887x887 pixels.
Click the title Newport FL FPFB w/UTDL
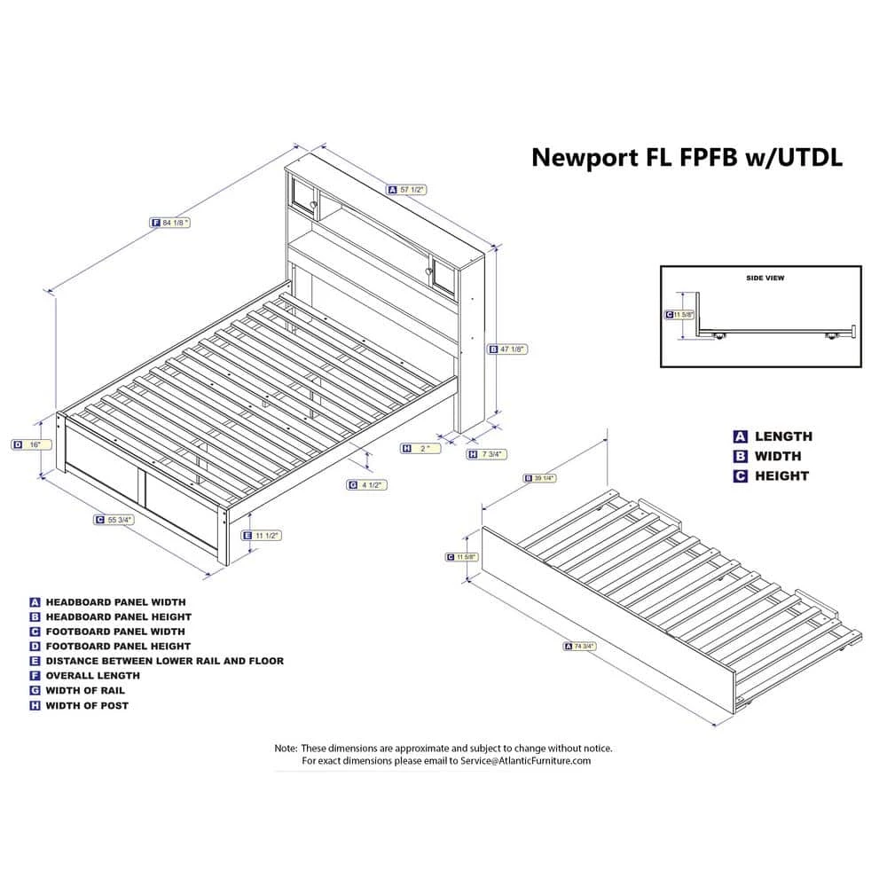[x=687, y=158]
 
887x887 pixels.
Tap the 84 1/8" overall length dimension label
[x=170, y=223]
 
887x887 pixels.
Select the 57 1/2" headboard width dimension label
[x=407, y=190]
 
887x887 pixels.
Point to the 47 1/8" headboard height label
[x=508, y=349]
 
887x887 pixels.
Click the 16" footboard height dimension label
[x=31, y=444]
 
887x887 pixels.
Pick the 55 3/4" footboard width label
[x=114, y=519]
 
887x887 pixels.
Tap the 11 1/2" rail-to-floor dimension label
[x=262, y=535]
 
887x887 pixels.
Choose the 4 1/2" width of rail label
[x=367, y=485]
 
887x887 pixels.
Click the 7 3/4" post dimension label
[x=486, y=453]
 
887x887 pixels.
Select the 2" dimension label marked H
[x=420, y=449]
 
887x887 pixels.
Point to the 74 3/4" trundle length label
[x=580, y=646]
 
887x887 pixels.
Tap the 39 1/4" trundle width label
[x=539, y=478]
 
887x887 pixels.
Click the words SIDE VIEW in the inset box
[x=765, y=278]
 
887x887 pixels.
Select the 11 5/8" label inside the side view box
[x=679, y=315]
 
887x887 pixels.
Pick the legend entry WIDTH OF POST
[x=87, y=705]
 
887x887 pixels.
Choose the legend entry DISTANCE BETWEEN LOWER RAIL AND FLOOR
[x=165, y=661]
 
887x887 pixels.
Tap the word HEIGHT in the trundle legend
[x=781, y=476]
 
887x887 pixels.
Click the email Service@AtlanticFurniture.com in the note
[x=525, y=761]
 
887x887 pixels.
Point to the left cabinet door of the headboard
[x=303, y=195]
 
